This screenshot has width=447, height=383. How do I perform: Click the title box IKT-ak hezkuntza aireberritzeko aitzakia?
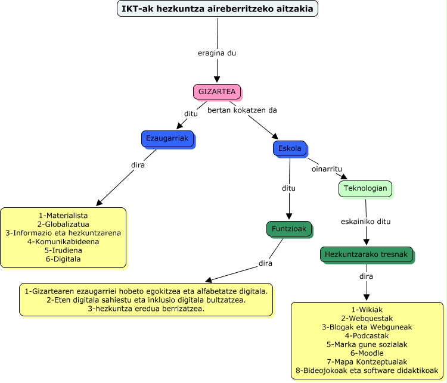218,9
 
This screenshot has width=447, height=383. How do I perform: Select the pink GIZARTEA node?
217,92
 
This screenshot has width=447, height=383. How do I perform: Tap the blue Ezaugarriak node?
167,138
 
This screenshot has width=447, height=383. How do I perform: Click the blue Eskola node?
290,148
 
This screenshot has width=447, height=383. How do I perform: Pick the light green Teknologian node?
365,189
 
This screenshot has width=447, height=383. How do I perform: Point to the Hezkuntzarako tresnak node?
366,254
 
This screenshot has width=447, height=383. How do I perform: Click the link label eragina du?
217,53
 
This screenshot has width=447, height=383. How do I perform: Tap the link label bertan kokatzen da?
242,110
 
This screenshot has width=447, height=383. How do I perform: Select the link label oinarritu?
327,169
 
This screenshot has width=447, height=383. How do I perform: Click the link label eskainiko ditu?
366,222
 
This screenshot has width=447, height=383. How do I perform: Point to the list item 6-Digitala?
63,259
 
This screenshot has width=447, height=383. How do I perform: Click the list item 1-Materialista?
63,215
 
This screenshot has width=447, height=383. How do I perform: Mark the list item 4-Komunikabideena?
63,242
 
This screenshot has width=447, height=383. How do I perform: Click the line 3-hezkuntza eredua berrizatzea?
146,309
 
